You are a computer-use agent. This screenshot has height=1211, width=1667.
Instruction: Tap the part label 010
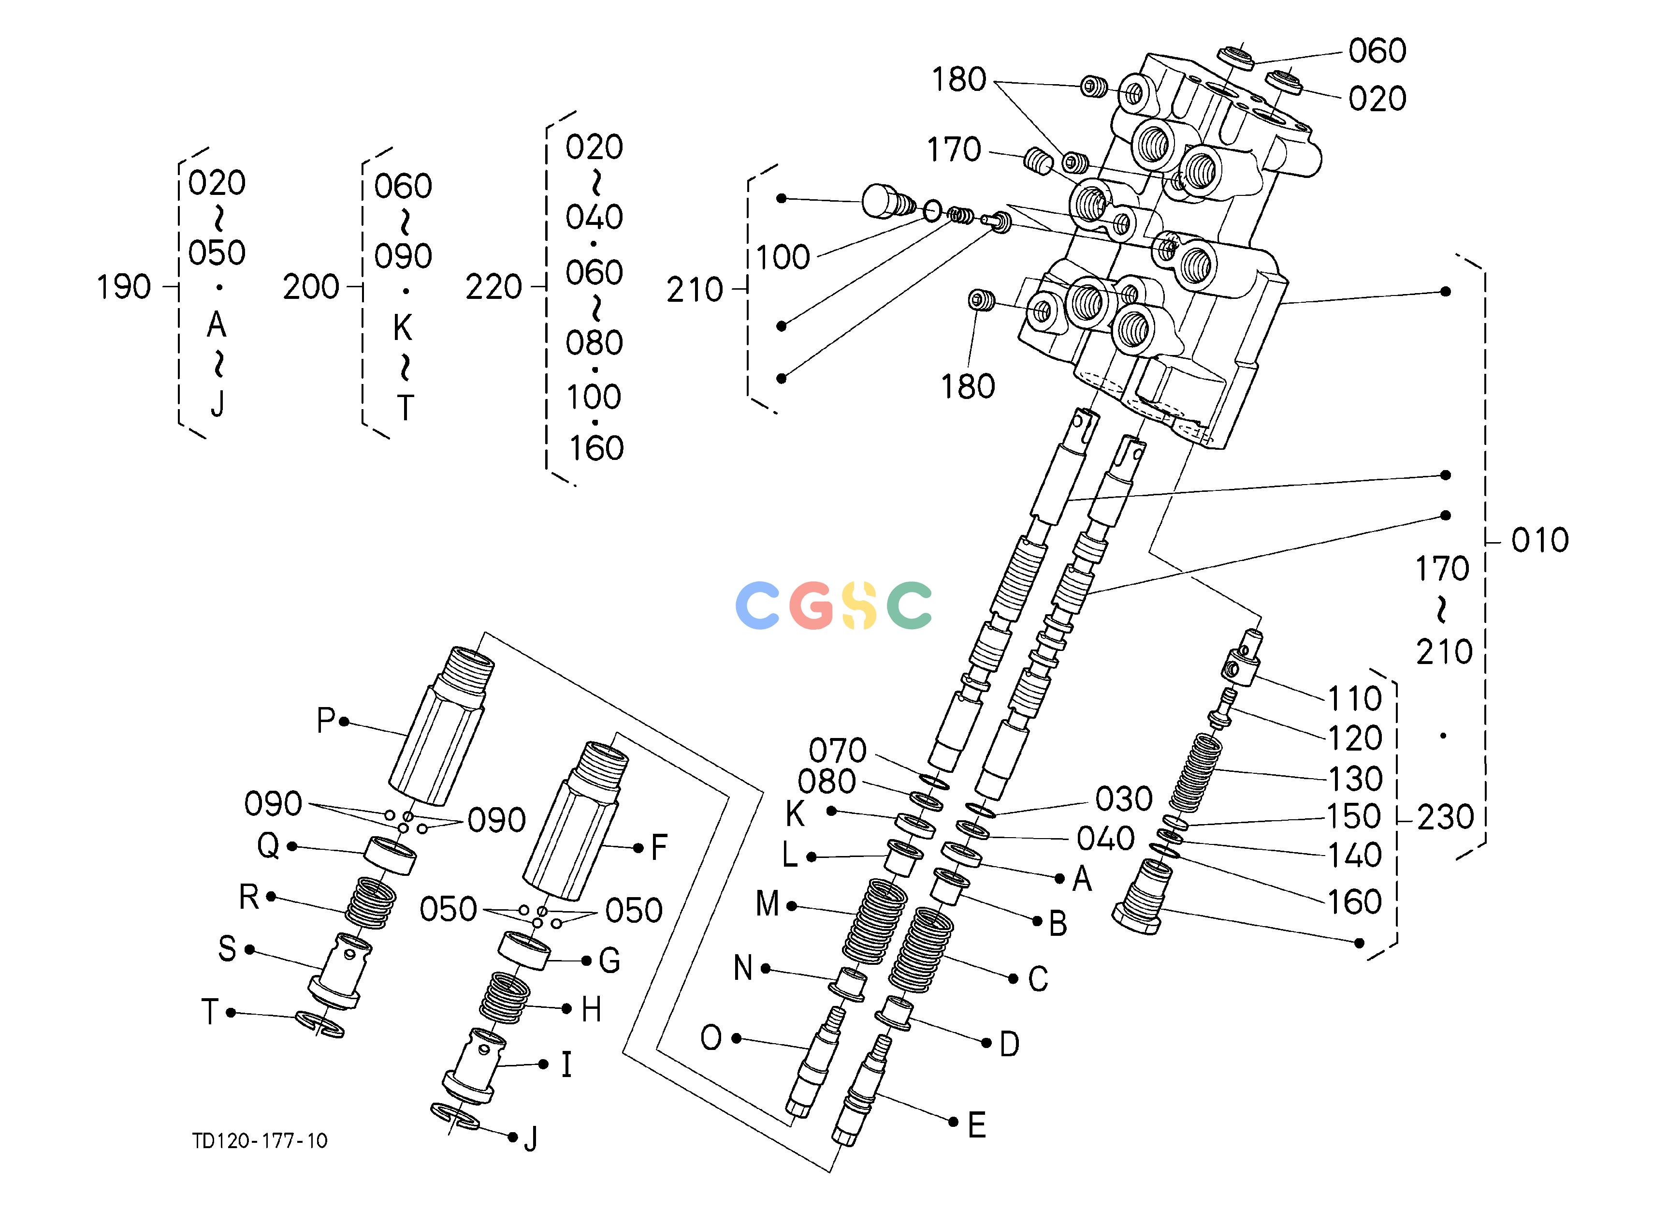click(1540, 540)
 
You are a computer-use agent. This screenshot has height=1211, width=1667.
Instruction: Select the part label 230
click(1445, 817)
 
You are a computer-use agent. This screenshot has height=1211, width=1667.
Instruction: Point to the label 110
click(1355, 698)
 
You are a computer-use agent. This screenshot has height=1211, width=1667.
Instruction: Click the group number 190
click(123, 287)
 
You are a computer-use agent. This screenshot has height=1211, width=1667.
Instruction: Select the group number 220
click(493, 287)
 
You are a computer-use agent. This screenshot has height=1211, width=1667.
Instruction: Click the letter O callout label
click(711, 1038)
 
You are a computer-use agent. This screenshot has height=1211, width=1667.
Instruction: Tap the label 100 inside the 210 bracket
click(783, 257)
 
